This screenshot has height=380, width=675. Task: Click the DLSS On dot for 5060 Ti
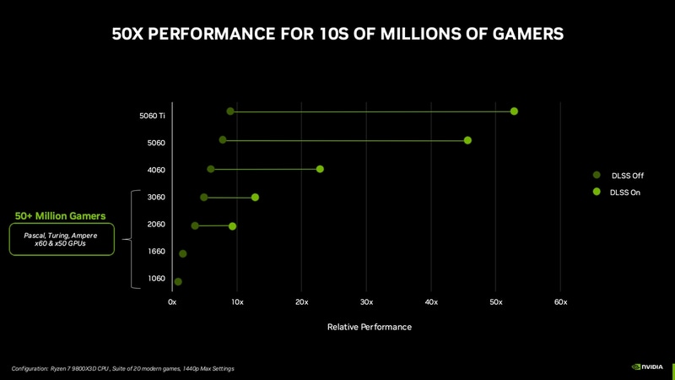coord(514,111)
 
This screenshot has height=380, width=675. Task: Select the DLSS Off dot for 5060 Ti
coord(230,111)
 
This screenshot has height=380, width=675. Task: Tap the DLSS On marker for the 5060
coord(467,140)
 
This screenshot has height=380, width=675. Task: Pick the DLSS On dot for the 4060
coord(320,169)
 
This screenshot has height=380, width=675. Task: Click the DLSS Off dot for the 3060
coord(204,198)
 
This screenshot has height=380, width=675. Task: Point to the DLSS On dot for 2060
coord(233,226)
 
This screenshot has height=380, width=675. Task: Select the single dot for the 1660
coord(183,253)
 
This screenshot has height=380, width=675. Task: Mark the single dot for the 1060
coord(178,282)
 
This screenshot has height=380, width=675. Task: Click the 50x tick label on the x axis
coord(495,302)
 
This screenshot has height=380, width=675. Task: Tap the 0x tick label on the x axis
coord(172,302)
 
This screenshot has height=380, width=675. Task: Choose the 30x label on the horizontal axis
coord(366,302)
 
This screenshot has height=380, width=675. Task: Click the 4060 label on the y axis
coord(156,170)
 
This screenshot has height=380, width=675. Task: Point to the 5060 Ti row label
coord(152,116)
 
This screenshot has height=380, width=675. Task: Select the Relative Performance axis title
coord(369,327)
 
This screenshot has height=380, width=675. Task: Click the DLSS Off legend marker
coord(597,175)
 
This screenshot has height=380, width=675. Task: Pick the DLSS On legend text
coord(625,193)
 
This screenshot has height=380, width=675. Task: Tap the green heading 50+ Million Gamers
coord(60,216)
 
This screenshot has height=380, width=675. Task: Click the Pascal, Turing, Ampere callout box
coord(61,239)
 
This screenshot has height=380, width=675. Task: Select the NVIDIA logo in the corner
coord(647,367)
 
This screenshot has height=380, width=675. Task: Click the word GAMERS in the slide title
coord(521,35)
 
